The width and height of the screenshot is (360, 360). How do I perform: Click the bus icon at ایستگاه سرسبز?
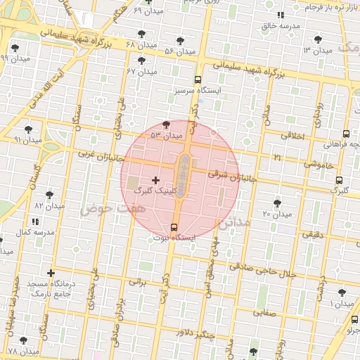click(x=198, y=80)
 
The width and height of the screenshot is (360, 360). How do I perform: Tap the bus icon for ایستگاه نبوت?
click(x=174, y=226)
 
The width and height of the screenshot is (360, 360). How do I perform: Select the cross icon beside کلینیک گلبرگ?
click(x=155, y=181)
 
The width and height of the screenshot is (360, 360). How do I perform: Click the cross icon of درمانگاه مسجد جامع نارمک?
click(x=51, y=273)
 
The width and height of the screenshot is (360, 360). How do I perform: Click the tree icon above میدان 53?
click(x=166, y=124)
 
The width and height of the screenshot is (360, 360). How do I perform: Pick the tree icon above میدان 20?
click(x=277, y=202)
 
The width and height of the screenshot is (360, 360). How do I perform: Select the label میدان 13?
click(x=316, y=51)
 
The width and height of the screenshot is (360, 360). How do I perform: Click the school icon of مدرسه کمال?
click(x=35, y=222)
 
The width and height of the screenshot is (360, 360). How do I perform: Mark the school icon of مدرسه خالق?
click(x=281, y=15)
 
